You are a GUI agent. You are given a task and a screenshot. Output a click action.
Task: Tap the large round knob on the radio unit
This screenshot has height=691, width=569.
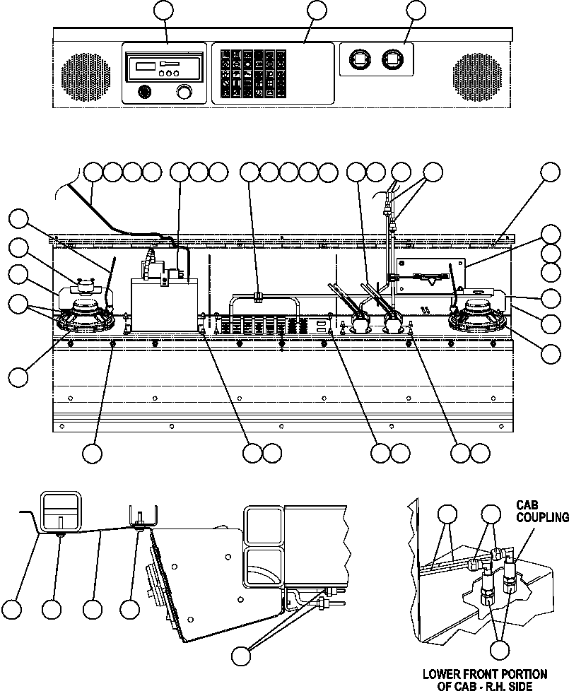(184, 92)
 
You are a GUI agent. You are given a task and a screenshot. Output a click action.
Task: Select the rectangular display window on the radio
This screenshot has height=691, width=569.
(146, 66)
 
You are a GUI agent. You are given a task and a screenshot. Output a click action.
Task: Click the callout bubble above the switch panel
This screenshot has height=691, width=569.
(317, 10)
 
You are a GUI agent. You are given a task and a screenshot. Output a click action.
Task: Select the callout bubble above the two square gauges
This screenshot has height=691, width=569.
(417, 10)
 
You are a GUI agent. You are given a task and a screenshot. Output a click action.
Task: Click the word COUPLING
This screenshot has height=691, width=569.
(541, 517)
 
